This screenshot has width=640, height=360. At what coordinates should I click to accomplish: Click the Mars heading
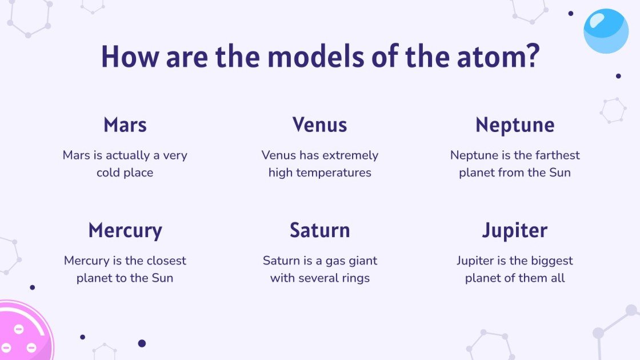(125, 125)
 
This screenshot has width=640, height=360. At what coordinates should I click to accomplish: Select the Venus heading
(319, 125)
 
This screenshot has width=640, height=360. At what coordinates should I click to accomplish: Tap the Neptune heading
(515, 125)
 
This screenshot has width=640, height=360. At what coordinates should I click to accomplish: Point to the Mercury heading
(125, 231)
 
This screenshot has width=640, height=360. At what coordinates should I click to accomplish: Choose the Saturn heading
(319, 230)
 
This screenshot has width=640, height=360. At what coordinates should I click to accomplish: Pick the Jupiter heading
(515, 231)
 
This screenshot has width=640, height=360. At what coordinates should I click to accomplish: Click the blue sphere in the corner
(606, 31)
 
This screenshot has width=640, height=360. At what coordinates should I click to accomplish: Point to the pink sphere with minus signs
(23, 334)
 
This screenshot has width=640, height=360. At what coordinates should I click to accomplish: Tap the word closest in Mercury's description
(166, 261)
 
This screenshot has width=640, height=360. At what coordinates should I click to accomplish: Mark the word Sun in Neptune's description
(560, 173)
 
